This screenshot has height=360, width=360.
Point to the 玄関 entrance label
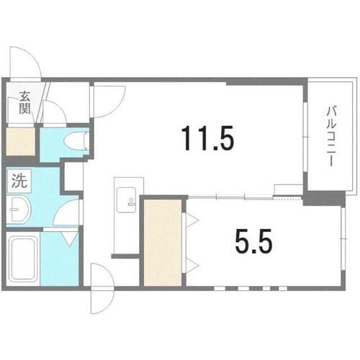coord(25,103)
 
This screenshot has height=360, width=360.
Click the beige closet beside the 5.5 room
coord(163,243)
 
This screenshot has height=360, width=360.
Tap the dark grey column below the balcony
coord(315,197)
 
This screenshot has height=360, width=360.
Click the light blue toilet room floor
coord(56,143)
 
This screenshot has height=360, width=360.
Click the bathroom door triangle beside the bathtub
coord(68,237)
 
